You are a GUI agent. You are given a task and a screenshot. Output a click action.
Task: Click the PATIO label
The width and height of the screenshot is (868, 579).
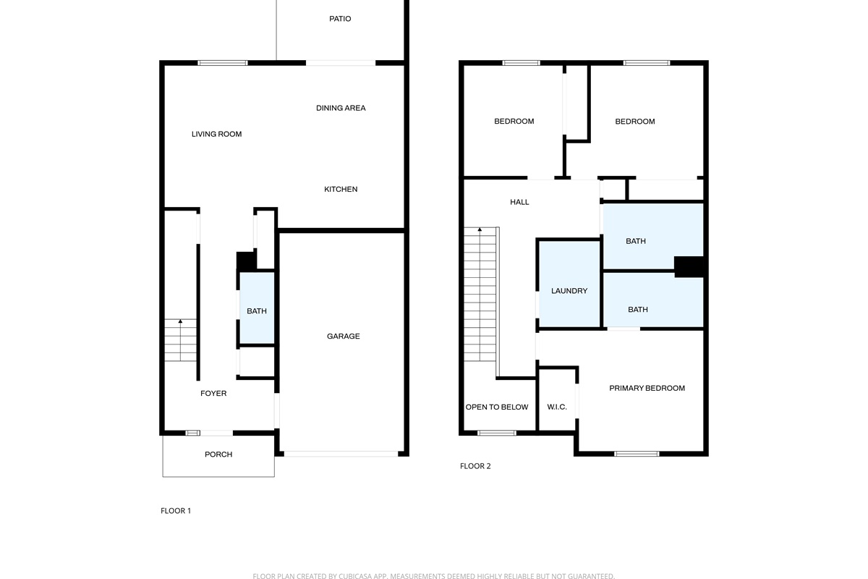(x=340, y=19)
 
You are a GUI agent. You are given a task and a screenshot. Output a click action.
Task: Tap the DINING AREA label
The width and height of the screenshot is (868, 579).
(x=341, y=108)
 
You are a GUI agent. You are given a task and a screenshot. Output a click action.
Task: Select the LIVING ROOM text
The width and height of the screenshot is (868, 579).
(x=216, y=134)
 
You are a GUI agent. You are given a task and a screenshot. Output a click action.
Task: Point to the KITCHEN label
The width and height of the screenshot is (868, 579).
(x=341, y=189)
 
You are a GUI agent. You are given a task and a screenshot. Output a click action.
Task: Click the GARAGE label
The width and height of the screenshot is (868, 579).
(x=343, y=337)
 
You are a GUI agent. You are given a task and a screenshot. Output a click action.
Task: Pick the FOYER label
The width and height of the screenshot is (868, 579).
(x=213, y=393)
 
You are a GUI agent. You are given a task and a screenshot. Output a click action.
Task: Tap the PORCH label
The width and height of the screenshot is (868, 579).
(x=218, y=454)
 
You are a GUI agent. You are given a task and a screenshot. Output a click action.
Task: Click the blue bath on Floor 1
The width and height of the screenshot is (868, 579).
(x=257, y=308)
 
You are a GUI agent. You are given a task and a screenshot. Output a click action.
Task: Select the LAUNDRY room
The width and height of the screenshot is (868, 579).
(x=569, y=284)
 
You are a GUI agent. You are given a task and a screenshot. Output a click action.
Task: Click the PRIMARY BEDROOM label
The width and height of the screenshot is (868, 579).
(x=647, y=388)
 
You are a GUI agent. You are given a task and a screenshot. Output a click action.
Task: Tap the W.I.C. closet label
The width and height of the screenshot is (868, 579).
(x=557, y=407)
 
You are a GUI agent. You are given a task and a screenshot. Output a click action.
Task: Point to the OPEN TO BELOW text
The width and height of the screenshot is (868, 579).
(x=497, y=407)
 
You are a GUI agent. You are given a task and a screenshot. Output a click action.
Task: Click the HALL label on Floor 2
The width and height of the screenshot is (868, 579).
(x=519, y=202)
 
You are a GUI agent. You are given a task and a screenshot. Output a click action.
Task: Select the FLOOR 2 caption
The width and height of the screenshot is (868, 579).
(x=475, y=466)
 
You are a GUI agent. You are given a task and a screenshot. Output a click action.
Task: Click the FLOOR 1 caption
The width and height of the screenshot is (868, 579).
(x=176, y=511)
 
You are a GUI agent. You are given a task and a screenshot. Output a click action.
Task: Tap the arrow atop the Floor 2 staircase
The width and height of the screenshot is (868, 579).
(x=480, y=229)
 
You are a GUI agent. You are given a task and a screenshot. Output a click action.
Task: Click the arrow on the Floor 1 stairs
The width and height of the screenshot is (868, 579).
(x=180, y=321)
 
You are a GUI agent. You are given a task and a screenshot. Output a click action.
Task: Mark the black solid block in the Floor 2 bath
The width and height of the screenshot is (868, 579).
(x=689, y=267)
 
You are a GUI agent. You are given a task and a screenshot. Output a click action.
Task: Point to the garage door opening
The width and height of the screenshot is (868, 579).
(x=341, y=454)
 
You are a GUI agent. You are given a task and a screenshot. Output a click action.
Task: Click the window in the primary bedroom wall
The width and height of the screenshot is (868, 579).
(x=637, y=454)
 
